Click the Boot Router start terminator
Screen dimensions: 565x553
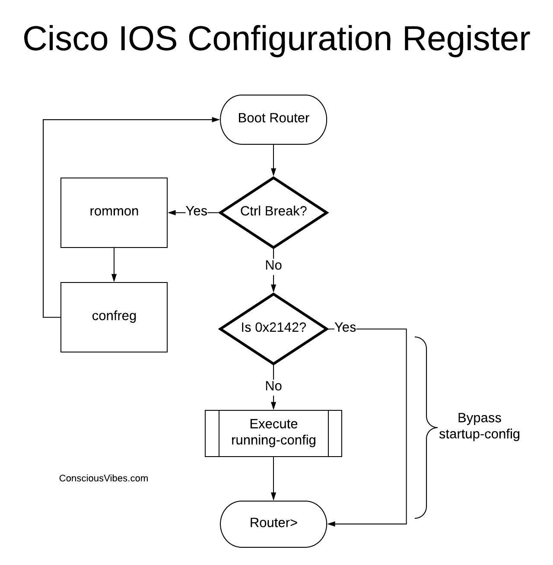273,119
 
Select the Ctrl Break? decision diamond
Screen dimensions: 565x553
273,212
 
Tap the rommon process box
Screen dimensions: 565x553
114,212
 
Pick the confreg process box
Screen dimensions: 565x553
114,317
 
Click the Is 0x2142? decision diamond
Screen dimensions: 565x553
273,328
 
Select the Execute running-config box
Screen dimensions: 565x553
273,433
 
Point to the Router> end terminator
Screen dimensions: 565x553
273,524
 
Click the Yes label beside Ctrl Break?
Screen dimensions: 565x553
197,211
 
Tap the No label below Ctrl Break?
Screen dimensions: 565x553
273,265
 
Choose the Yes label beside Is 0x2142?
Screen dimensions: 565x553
345,327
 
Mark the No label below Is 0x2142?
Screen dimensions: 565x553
273,386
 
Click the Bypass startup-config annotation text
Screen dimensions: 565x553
479,426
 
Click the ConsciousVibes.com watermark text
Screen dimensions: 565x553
104,478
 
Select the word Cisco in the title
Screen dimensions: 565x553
65,38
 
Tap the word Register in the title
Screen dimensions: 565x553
466,38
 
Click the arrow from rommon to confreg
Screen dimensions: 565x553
114,265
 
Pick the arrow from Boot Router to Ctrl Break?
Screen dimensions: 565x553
273,160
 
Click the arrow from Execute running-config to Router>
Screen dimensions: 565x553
273,479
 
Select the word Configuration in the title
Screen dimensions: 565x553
289,38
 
